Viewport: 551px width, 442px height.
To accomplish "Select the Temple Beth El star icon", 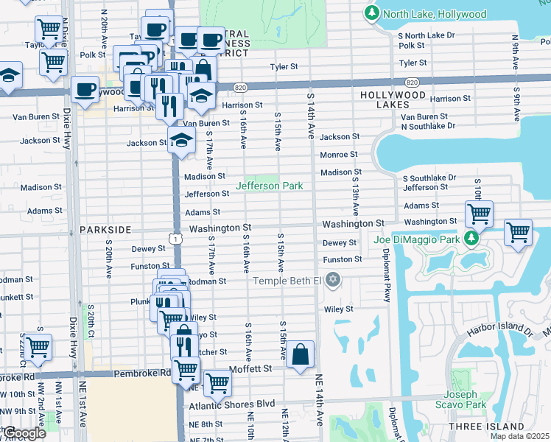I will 333,280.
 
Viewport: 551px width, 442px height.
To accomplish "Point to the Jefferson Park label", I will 269,186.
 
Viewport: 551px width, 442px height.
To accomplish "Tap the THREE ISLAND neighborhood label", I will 496,427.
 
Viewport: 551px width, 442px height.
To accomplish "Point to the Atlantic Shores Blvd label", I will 232,404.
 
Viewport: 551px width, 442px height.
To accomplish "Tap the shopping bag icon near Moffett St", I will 301,354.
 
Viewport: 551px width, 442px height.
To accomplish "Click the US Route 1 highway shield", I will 175,238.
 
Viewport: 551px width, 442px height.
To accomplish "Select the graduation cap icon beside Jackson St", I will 180,139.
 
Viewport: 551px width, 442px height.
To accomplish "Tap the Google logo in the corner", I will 24,433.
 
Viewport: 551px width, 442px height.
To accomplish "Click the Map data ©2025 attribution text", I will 520,436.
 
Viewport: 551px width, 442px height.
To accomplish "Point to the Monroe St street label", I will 338,155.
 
